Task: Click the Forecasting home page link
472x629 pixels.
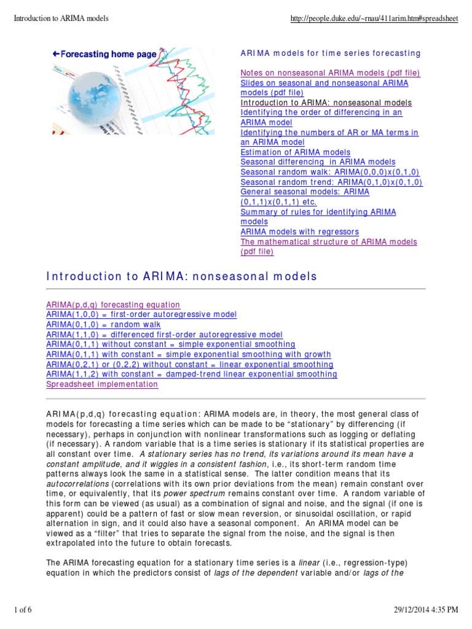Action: pos(104,54)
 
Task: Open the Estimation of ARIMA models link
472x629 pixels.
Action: pos(295,152)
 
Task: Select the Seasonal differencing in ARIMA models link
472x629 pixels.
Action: pos(318,162)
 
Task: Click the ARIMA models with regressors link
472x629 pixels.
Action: pos(299,232)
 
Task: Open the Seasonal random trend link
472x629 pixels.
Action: pos(331,182)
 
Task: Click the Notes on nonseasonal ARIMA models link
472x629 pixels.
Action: pos(330,73)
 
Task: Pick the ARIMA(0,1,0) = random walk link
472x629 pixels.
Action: pos(103,324)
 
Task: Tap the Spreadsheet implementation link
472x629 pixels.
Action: pos(102,384)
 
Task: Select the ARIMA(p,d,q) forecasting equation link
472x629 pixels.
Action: pos(113,305)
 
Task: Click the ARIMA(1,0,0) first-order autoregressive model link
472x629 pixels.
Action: pos(141,314)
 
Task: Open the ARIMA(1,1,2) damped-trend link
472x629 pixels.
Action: pos(191,374)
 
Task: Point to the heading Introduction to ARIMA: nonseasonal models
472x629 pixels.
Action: pos(182,276)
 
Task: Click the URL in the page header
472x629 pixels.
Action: pos(374,18)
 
